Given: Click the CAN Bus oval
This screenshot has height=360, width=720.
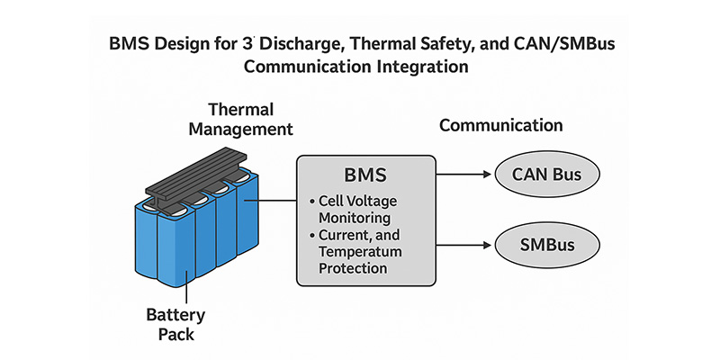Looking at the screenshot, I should point(543,174).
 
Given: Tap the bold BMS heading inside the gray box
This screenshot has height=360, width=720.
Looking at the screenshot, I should point(364,174).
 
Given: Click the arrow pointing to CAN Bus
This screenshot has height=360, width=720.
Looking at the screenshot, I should point(463,174).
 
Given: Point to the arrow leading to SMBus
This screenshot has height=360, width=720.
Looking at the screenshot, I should point(463,243).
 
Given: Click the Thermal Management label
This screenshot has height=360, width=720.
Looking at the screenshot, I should point(250,119).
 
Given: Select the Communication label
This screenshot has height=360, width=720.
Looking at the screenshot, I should point(500,126).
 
